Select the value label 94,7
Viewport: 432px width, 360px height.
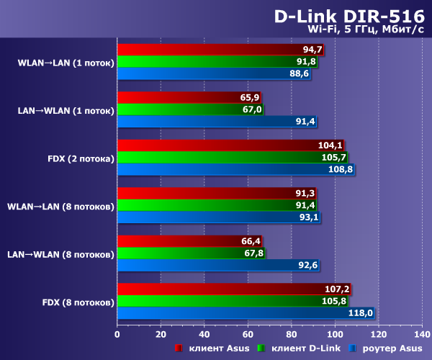click(312, 50)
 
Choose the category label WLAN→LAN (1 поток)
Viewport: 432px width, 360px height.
click(66, 63)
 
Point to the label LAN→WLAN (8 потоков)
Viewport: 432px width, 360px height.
click(59, 254)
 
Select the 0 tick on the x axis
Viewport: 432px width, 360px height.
click(117, 334)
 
